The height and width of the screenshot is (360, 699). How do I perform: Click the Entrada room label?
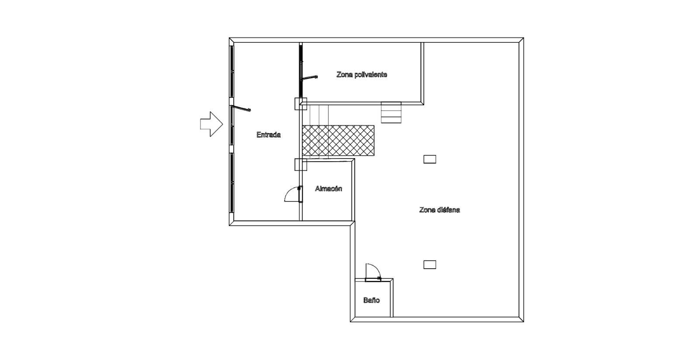[268, 135]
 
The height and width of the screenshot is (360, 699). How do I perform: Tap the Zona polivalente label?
[362, 75]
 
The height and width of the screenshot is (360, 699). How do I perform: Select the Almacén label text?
[328, 188]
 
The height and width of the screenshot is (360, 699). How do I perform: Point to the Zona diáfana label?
[439, 210]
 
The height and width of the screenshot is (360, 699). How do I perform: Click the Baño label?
[371, 300]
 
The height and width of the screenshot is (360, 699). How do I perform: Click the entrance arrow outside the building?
[211, 124]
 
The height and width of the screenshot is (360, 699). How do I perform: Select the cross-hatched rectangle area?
[338, 140]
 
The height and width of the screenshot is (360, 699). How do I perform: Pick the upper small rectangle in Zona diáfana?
[430, 159]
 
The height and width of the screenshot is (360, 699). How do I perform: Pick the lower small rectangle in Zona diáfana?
[430, 265]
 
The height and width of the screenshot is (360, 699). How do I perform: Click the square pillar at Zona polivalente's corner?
[301, 104]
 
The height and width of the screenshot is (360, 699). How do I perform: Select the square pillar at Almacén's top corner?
[301, 165]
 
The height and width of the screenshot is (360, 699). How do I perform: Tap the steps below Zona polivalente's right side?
[391, 112]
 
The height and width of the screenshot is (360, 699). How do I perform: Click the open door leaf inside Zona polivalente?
[309, 77]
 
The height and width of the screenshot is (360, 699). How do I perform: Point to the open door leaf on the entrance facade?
[241, 108]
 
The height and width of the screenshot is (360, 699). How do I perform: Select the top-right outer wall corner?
[523, 38]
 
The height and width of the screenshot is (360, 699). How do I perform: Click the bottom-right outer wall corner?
[523, 321]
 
